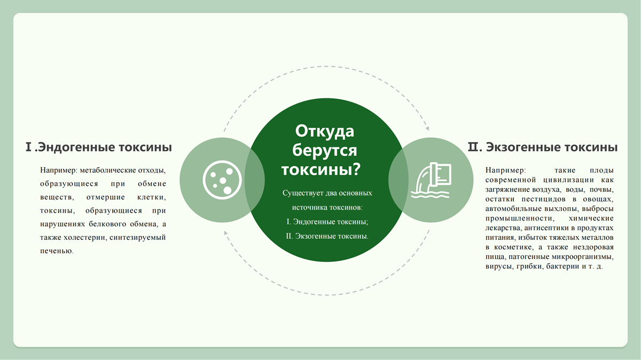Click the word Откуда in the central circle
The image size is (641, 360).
coord(325,131)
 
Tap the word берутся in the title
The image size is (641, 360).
coord(325,151)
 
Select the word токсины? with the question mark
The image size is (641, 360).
coord(321,169)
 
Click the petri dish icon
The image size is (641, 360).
coord(222,180)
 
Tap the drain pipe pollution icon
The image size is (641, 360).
coord(431,181)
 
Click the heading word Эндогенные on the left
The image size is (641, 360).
coord(76,147)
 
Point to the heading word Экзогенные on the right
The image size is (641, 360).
coord(525,147)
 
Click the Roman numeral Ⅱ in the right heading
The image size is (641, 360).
coord(473,147)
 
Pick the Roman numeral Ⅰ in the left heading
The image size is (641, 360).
coord(28,147)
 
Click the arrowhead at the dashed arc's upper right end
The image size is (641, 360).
coord(427,128)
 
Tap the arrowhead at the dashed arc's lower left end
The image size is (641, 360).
coord(225,233)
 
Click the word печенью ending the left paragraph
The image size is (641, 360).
coord(57,251)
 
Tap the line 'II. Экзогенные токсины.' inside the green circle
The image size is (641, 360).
coord(327,236)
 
